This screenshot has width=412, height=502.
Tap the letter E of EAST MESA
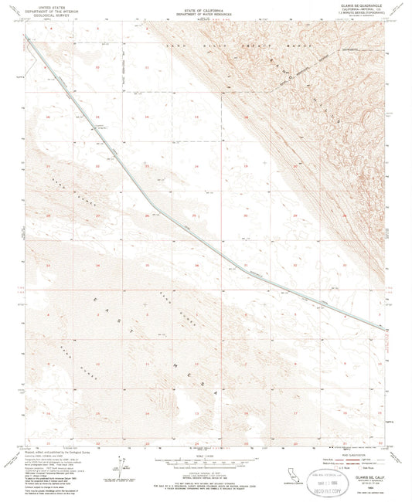[x=97, y=300]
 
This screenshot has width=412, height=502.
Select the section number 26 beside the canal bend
[x=147, y=215]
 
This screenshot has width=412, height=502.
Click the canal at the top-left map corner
[x=26, y=36]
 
